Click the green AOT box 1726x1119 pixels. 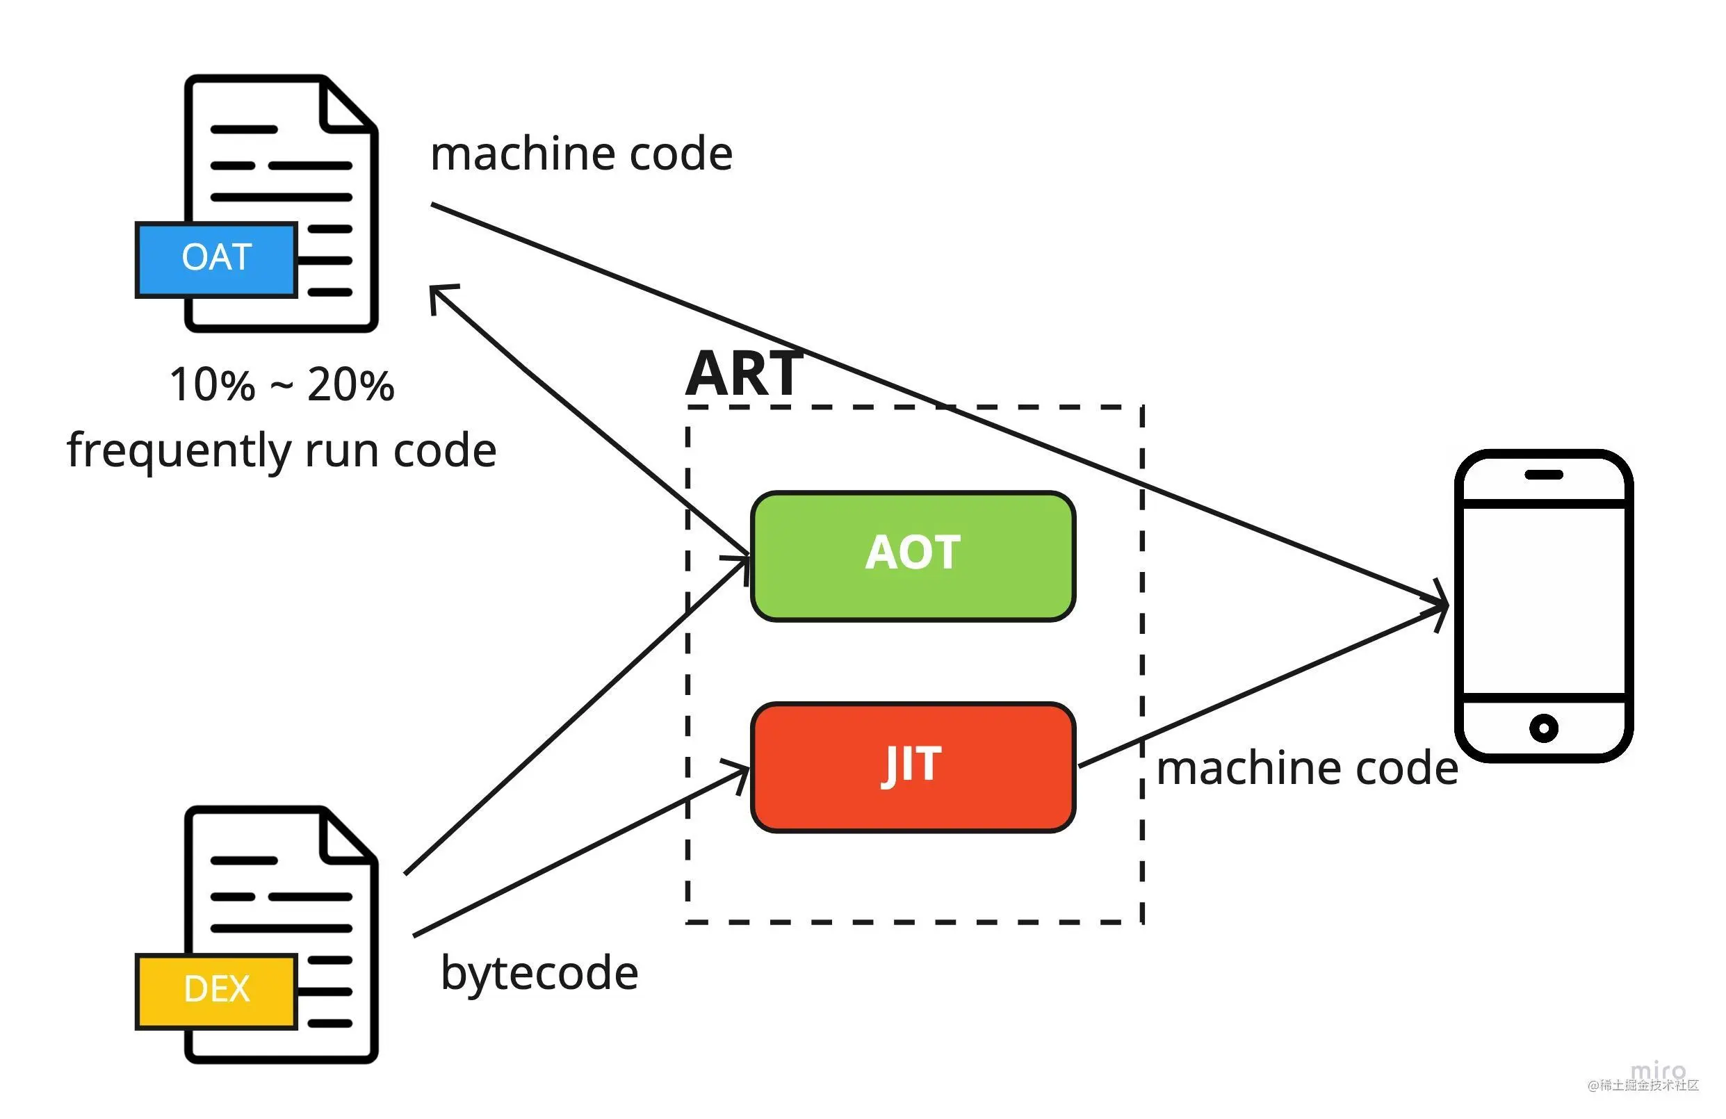912,555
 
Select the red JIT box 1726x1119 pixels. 912,767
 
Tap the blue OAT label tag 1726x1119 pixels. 216,260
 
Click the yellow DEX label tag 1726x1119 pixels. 216,990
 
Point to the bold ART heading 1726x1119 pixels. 744,373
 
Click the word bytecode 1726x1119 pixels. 539,973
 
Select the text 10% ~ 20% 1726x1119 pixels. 282,384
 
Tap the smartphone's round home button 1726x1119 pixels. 1544,728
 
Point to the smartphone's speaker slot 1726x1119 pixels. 1544,475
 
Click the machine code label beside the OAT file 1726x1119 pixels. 581,154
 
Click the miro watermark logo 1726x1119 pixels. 1659,1070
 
